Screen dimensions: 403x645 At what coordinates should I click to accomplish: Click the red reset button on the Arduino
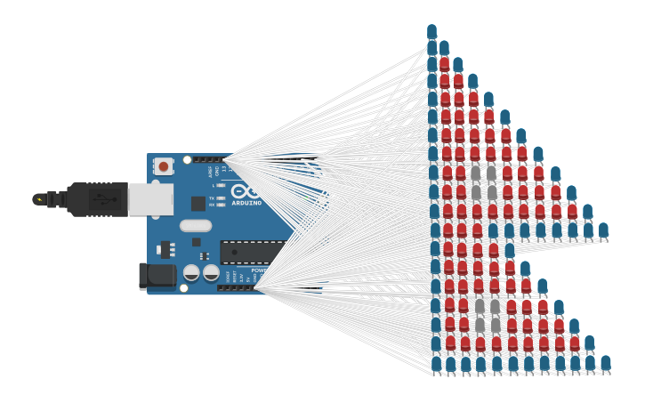coord(164,166)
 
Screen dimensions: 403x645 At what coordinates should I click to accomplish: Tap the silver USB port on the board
coord(150,199)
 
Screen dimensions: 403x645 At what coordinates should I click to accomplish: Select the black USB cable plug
coord(98,199)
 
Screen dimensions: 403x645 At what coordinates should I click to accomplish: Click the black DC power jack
coord(158,276)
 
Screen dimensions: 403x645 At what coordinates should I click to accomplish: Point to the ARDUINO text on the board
coord(246,203)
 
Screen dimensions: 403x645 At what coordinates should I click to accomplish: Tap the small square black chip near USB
coord(198,204)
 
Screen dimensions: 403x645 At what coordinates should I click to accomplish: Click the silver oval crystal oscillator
coord(195,226)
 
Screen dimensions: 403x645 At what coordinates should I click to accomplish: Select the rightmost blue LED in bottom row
coord(606,363)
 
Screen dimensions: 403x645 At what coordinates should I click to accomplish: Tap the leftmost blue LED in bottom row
coord(437,363)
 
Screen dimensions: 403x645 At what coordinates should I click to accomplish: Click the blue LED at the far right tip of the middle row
coord(603,230)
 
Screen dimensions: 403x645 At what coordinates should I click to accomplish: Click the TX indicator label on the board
coord(211,197)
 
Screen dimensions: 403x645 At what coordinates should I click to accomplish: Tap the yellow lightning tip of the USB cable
coord(38,199)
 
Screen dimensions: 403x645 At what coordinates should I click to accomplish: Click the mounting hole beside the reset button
coord(186,160)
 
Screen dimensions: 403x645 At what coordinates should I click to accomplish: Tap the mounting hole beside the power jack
coord(184,287)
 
